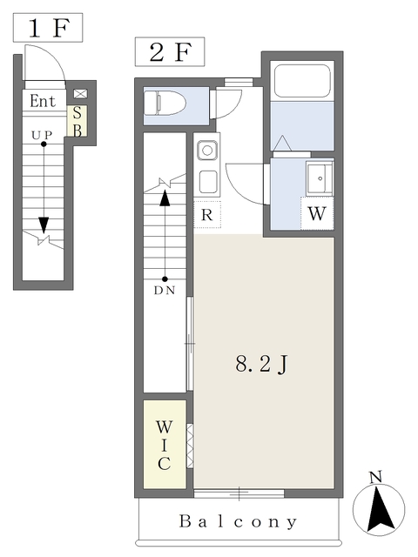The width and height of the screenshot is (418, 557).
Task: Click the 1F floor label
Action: pyautogui.click(x=48, y=28)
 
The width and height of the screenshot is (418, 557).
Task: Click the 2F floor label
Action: pyautogui.click(x=170, y=52)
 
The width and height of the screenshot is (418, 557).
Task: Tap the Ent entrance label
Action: pyautogui.click(x=43, y=101)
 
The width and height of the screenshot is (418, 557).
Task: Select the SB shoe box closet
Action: pyautogui.click(x=78, y=121)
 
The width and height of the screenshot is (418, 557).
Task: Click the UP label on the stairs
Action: pyautogui.click(x=42, y=135)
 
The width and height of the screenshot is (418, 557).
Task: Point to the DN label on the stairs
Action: pyautogui.click(x=165, y=291)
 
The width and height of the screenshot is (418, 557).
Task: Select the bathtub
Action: pyautogui.click(x=302, y=81)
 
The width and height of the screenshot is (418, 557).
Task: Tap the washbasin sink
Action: pyautogui.click(x=320, y=178)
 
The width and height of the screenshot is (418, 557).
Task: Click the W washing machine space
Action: pyautogui.click(x=317, y=213)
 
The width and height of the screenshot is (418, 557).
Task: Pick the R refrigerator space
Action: pyautogui.click(x=207, y=215)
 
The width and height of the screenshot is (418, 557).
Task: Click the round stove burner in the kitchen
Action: pyautogui.click(x=207, y=151)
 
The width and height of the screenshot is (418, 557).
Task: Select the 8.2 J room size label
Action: pyautogui.click(x=261, y=364)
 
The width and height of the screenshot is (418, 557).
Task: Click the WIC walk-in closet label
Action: pyautogui.click(x=165, y=445)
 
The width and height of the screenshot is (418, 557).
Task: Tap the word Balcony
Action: pyautogui.click(x=238, y=521)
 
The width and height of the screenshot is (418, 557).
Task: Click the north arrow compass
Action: pyautogui.click(x=379, y=508)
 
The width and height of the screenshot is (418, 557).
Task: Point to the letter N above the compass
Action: pyautogui.click(x=375, y=476)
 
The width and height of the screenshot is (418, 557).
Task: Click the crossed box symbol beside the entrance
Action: pyautogui.click(x=80, y=94)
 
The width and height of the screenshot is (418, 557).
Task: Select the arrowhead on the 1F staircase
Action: pyautogui.click(x=44, y=225)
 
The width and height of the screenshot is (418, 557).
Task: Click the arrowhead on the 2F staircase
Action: pyautogui.click(x=165, y=198)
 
